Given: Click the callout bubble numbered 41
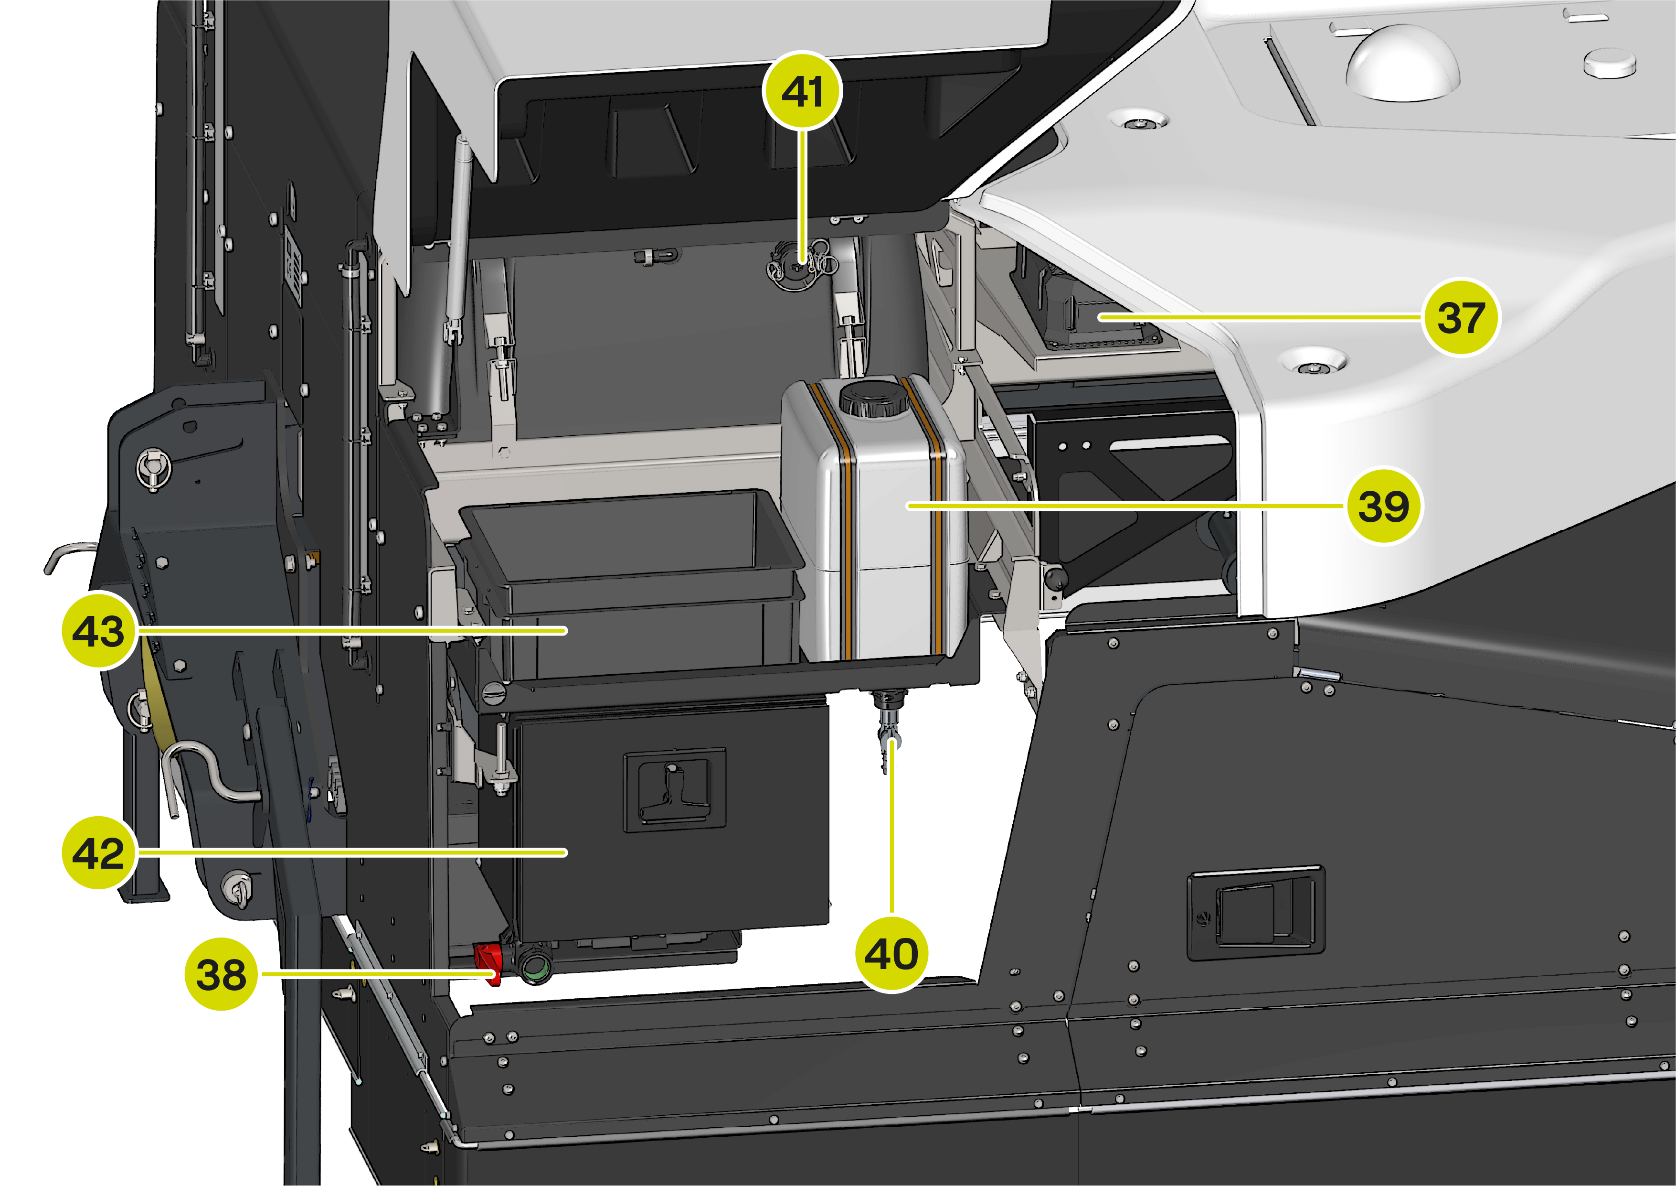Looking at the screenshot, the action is coord(802,91).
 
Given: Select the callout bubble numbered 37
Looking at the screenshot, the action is coord(1461,317).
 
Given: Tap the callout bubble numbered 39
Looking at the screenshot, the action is coord(1383,506).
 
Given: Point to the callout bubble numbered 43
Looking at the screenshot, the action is coord(99,630).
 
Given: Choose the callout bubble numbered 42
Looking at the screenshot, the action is coord(99,852).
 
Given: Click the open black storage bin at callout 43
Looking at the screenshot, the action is coord(631,584).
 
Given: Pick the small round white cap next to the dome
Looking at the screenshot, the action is coord(1609,62).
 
